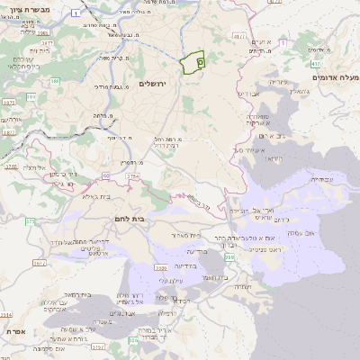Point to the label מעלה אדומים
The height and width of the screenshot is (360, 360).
(334, 78)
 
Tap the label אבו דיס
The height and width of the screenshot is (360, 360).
(250, 93)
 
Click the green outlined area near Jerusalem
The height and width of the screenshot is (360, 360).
(193, 64)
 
